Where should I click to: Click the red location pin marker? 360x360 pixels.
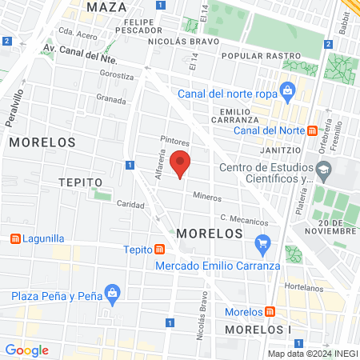click(181, 162)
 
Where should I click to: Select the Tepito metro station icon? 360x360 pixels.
click(160, 250)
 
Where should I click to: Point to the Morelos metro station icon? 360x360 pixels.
click(271, 311)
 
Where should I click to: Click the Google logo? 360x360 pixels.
click(26, 350)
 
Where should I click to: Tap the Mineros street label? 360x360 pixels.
click(206, 196)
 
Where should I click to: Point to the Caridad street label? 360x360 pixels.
click(130, 204)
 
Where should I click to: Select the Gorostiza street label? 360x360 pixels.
click(117, 74)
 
